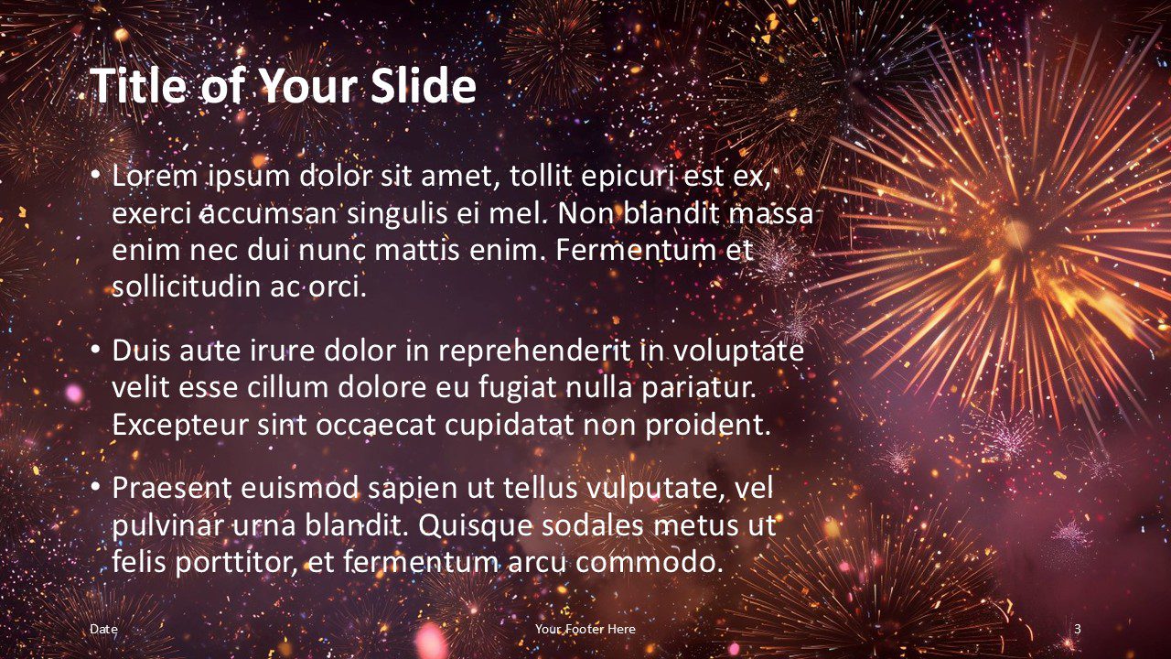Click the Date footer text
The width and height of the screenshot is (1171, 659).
[103, 629]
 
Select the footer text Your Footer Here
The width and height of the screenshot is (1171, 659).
[585, 629]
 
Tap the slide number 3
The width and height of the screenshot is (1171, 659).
[1078, 629]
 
